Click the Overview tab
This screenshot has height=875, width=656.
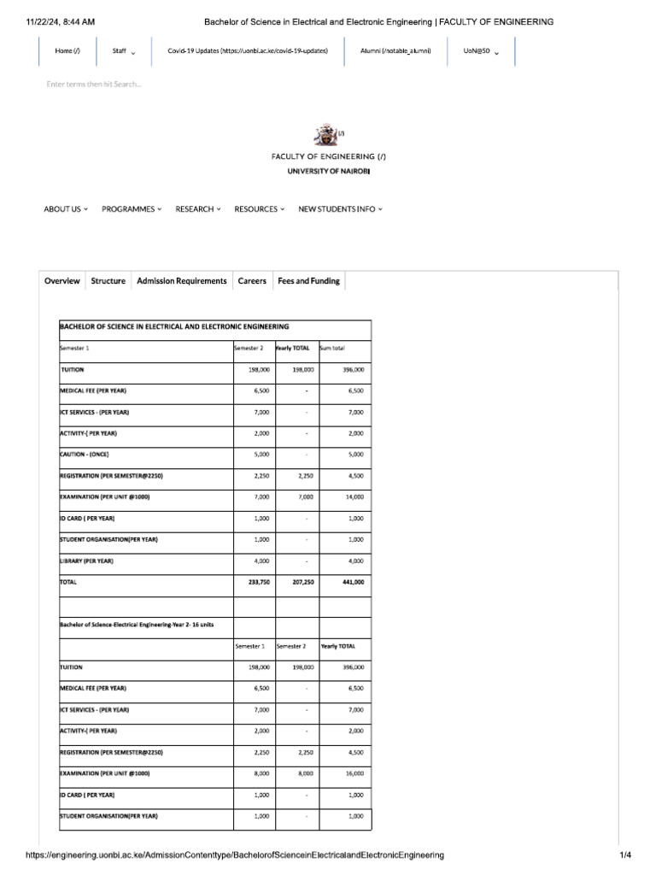pos(62,281)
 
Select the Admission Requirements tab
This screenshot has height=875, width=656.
pos(182,281)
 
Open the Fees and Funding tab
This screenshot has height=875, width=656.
pos(308,281)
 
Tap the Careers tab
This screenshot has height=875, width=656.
pos(252,281)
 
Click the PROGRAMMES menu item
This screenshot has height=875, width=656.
pos(131,209)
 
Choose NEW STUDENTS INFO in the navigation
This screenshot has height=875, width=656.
pos(340,209)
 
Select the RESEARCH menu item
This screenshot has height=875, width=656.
pos(197,209)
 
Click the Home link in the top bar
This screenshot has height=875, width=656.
pos(67,51)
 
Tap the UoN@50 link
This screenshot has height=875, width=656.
pos(481,51)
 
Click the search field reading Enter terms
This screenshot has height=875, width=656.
pos(94,84)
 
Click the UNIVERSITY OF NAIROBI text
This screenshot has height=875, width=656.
pos(328,171)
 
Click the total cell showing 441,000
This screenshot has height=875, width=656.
pos(353,582)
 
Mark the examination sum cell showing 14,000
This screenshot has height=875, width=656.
pos(354,496)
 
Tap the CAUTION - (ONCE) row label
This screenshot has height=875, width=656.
pos(85,454)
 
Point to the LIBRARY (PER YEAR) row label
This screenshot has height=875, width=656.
pos(86,561)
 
